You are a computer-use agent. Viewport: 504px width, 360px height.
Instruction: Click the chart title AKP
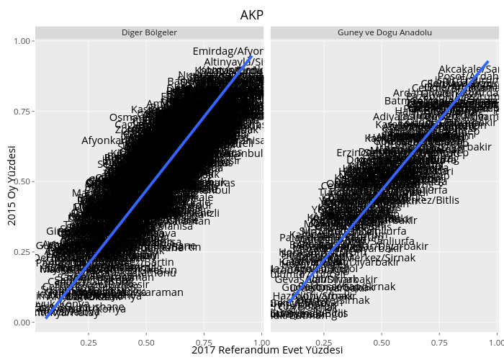tap(252, 14)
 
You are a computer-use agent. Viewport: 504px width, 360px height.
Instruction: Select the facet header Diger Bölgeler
tap(149, 33)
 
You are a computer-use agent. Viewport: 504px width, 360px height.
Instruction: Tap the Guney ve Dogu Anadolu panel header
tap(384, 33)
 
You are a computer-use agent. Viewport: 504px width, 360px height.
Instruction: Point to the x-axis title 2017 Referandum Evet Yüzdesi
tap(267, 350)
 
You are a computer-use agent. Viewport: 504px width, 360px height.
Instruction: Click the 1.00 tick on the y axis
tap(22, 42)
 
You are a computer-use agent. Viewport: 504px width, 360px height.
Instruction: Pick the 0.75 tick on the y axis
tap(22, 112)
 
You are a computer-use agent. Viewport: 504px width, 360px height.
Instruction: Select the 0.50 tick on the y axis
tap(22, 181)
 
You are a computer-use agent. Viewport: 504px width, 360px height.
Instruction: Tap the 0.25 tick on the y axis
tap(22, 252)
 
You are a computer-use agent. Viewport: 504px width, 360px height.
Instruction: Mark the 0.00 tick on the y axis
tap(22, 322)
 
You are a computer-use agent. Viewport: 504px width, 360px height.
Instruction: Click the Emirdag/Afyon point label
tap(228, 51)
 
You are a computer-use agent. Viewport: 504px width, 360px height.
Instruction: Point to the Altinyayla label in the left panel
tap(233, 63)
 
